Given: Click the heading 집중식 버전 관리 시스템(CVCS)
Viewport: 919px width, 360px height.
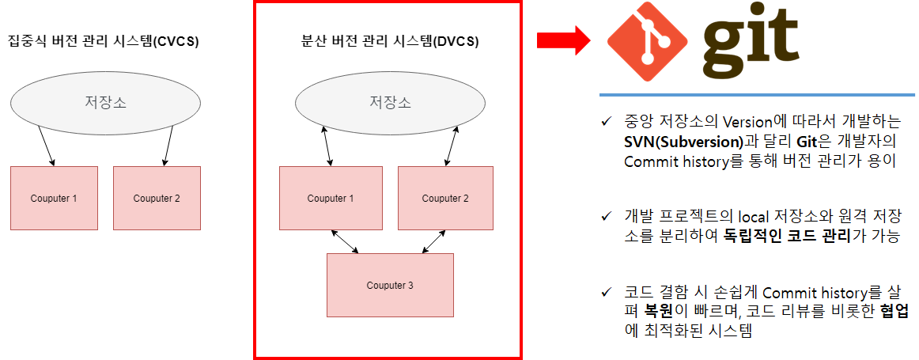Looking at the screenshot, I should point(103,40).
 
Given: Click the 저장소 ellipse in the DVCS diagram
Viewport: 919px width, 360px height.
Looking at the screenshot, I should point(390,102).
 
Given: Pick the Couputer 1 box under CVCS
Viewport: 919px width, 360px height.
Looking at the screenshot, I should point(54,198).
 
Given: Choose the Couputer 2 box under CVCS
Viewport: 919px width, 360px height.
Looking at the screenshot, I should point(157,198).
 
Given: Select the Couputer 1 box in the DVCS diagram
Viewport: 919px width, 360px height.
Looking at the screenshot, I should point(331,198).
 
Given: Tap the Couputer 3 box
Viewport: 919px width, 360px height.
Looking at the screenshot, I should point(390,285).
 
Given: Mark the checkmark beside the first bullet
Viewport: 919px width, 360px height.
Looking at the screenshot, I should point(607,123).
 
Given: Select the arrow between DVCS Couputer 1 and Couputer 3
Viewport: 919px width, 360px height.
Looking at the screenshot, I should point(345,241).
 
